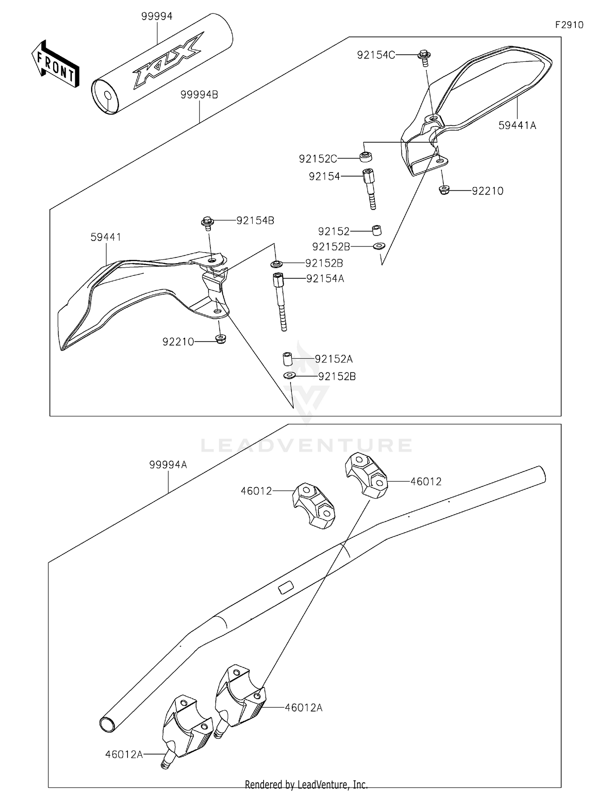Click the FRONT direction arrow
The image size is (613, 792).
click(x=55, y=65)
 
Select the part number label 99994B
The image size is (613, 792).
click(x=199, y=95)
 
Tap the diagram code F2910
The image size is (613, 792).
click(x=569, y=25)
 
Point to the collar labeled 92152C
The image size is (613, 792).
click(x=366, y=157)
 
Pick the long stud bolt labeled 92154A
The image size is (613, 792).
click(x=280, y=301)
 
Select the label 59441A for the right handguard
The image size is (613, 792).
click(x=517, y=125)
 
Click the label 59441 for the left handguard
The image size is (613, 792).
click(x=106, y=237)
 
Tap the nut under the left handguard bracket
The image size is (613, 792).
click(x=221, y=339)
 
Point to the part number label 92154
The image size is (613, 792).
click(x=324, y=176)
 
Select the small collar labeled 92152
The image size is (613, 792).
click(x=376, y=230)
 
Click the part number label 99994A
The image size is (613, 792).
click(x=168, y=465)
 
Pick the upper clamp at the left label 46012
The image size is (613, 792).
click(x=313, y=505)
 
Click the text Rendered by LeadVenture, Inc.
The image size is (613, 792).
click(x=306, y=784)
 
